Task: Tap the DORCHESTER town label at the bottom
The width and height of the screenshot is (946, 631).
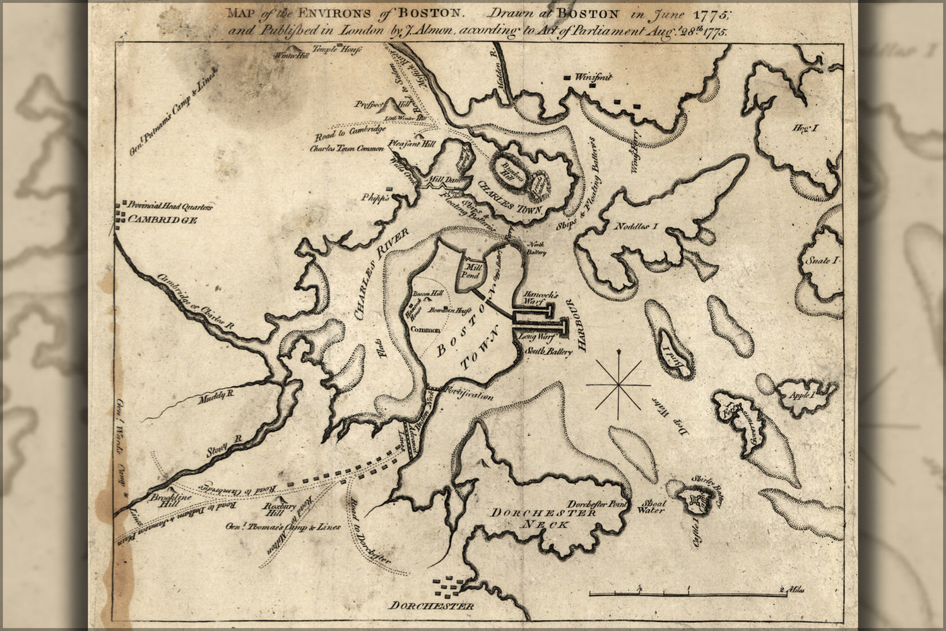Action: (x=432, y=606)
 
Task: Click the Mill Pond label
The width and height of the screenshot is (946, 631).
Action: (x=473, y=271)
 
